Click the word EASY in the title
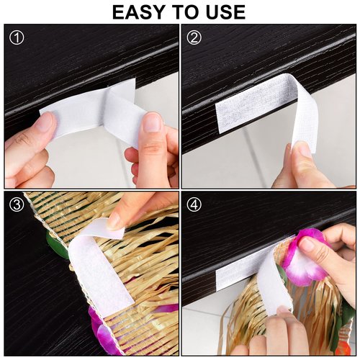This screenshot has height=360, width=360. (139, 12)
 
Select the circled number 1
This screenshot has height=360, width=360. (17, 37)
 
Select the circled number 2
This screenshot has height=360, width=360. (194, 37)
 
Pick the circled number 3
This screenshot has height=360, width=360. (17, 204)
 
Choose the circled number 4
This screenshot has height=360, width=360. (194, 204)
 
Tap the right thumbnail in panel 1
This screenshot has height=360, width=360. (153, 122)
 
